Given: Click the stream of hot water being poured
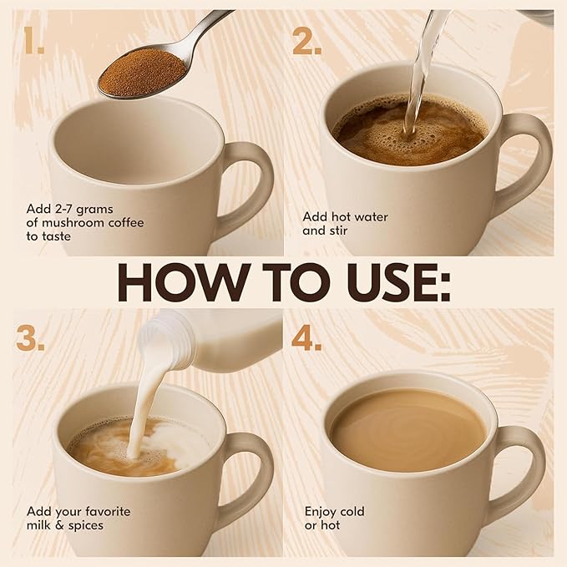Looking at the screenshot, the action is tap(421, 73).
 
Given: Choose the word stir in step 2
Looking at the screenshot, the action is tap(337, 230).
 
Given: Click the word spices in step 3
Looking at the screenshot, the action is tap(86, 526).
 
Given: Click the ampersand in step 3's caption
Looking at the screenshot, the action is tap(59, 525).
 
